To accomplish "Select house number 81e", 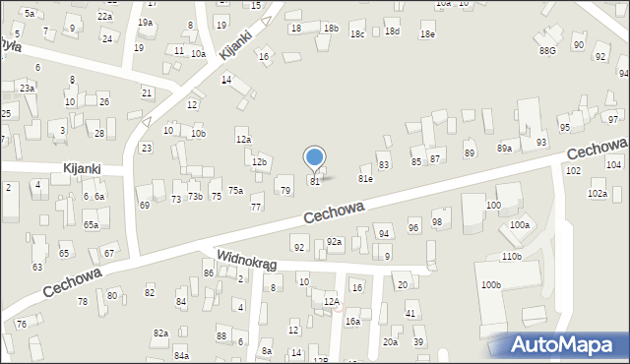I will pyautogui.click(x=365, y=179).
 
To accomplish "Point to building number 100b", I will pyautogui.click(x=490, y=285).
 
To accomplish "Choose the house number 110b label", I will pyautogui.click(x=511, y=256).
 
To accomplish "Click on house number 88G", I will pyautogui.click(x=547, y=49).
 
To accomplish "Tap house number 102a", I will pyautogui.click(x=598, y=194).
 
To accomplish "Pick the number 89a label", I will pyautogui.click(x=504, y=148).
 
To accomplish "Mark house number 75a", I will pyautogui.click(x=236, y=190).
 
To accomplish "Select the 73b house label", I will pyautogui.click(x=196, y=198).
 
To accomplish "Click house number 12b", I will pyautogui.click(x=259, y=162).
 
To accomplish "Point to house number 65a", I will pyautogui.click(x=91, y=225).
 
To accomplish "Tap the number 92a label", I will pyautogui.click(x=334, y=242).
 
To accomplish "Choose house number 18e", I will pyautogui.click(x=426, y=34).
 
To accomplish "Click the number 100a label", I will pyautogui.click(x=519, y=225).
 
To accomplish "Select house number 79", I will pyautogui.click(x=285, y=190).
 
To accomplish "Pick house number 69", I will pyautogui.click(x=144, y=205).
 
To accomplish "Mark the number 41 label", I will pyautogui.click(x=411, y=314).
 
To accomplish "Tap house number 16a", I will pyautogui.click(x=351, y=322).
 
